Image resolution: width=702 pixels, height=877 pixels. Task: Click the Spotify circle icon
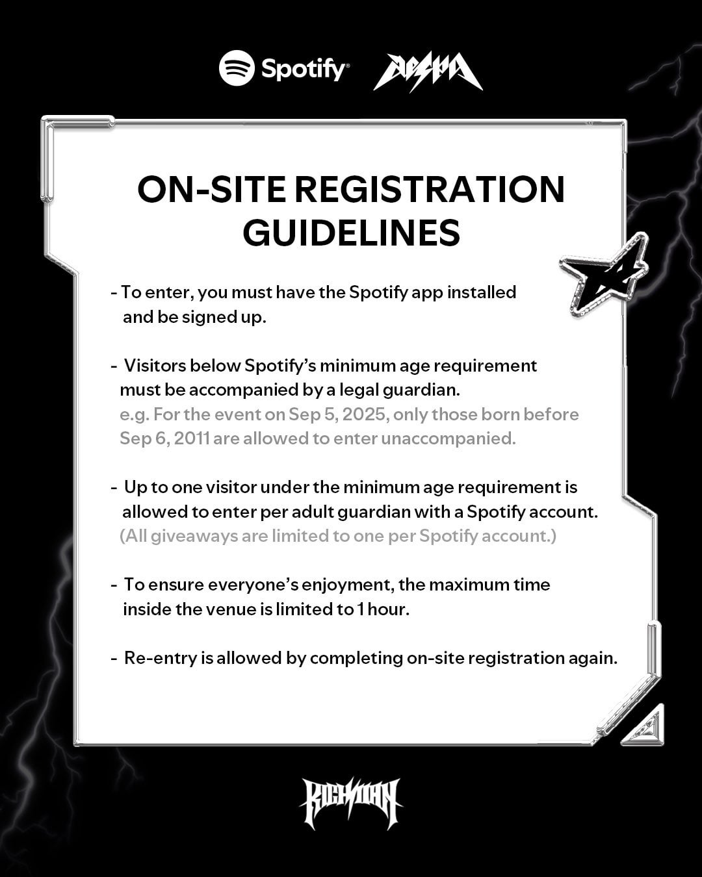coord(237,68)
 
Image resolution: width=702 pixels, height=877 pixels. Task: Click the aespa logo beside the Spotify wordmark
coord(428,71)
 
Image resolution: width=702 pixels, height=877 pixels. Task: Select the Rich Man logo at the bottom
coord(351,803)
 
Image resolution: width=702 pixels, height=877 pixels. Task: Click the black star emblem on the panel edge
coord(603,283)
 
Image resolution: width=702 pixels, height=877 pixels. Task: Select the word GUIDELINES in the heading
coord(351,232)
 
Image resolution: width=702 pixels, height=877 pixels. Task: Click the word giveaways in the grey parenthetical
coord(196,537)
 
